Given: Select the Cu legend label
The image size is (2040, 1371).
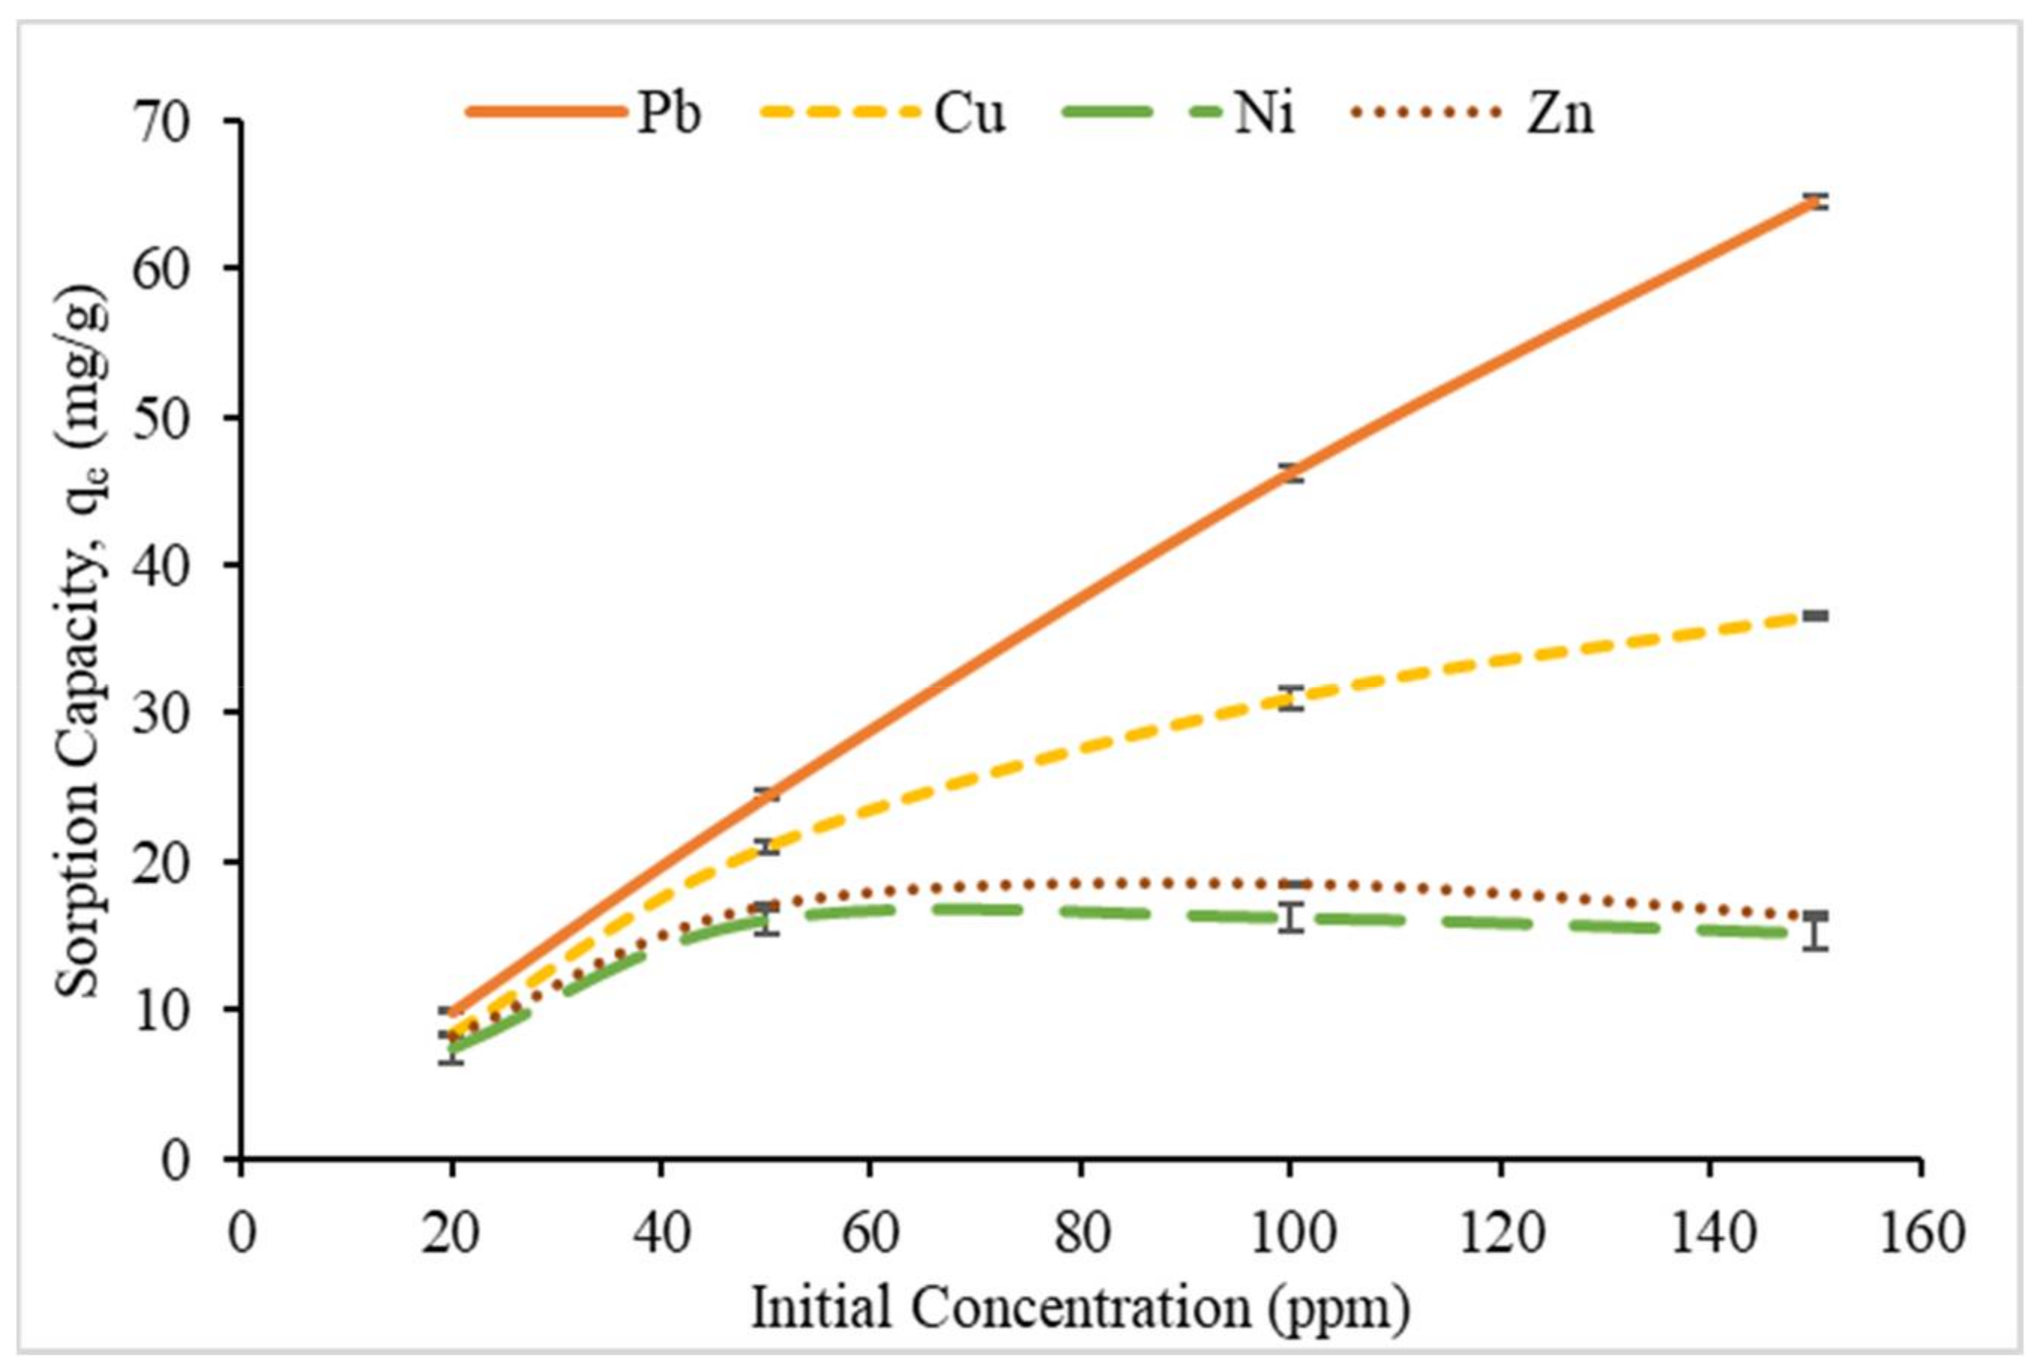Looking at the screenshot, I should (x=969, y=113).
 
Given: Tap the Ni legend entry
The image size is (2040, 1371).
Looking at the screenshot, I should (x=1263, y=113).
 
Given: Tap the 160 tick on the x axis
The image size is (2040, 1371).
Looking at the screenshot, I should (x=1918, y=1234).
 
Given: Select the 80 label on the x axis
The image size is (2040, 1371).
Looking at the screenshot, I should (x=1081, y=1234).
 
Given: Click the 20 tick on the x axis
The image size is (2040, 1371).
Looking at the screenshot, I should (x=451, y=1234).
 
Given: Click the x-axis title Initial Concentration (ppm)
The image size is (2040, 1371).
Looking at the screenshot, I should (x=1081, y=1309).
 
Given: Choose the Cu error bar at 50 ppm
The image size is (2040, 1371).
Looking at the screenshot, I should (x=767, y=846).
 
